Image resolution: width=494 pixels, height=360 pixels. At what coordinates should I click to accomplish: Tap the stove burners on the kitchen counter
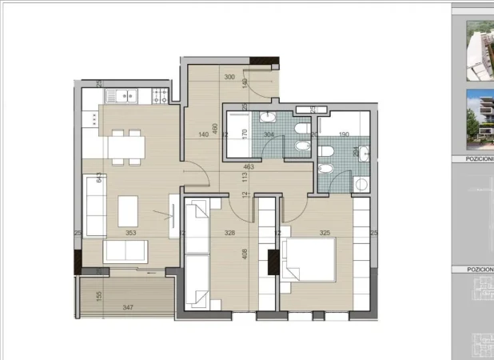157,96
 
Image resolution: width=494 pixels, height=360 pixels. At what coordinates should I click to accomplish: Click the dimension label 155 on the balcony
98,295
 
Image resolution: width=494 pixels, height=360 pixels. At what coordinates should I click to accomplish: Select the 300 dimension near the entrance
230,78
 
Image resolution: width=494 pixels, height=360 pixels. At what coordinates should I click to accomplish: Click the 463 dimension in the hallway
249,167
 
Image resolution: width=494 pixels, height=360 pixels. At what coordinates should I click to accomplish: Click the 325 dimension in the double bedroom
325,234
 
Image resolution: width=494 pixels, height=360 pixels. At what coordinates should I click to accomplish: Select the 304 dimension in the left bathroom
269,134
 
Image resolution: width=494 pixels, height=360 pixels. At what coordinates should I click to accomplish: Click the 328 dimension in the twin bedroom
230,234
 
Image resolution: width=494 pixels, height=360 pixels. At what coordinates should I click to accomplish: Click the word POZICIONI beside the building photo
478,159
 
